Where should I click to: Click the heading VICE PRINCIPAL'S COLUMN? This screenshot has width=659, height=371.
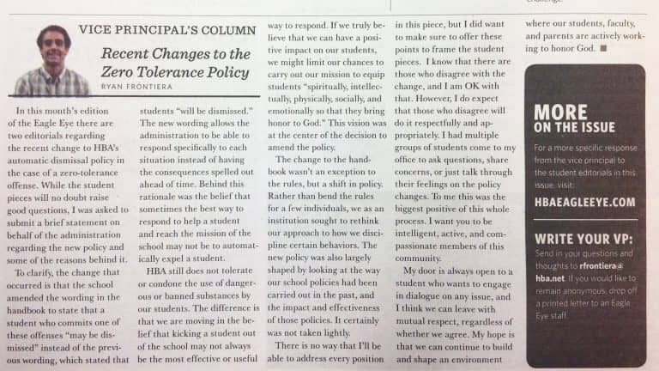click(166, 30)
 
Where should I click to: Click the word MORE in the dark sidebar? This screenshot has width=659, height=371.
click(560, 113)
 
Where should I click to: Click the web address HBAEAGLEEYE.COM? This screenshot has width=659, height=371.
click(584, 203)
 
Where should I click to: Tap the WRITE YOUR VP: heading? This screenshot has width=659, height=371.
click(583, 237)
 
